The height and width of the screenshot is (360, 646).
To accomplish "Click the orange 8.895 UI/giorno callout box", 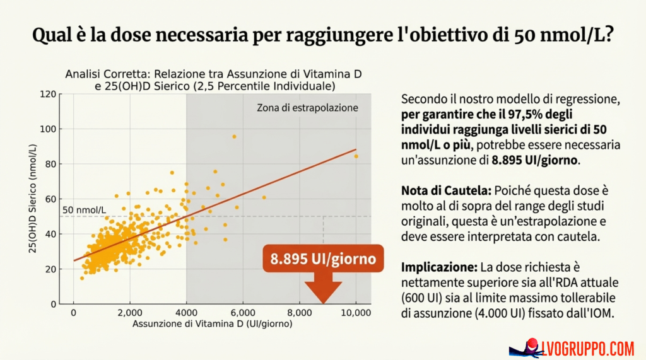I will click(x=323, y=259).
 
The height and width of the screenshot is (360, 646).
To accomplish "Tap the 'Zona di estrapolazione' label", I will click(x=307, y=108).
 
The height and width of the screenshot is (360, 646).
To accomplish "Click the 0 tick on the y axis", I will click(x=54, y=304).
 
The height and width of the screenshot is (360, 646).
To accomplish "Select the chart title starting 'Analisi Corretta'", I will click(x=213, y=79).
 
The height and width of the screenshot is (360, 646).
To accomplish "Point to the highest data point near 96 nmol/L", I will click(x=234, y=137).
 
